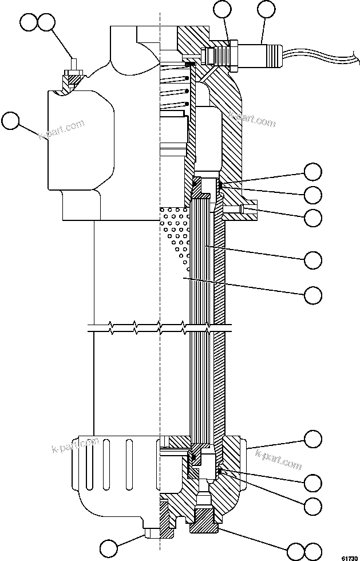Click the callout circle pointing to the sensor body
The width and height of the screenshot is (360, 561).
pyautogui.click(x=266, y=9)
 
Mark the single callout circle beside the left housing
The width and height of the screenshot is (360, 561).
pyautogui.click(x=11, y=121)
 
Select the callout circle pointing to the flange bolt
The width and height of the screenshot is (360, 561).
pyautogui.click(x=312, y=218)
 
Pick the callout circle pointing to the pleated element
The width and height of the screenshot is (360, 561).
pyautogui.click(x=312, y=259)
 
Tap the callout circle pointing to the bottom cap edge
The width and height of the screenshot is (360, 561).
pyautogui.click(x=312, y=439)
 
